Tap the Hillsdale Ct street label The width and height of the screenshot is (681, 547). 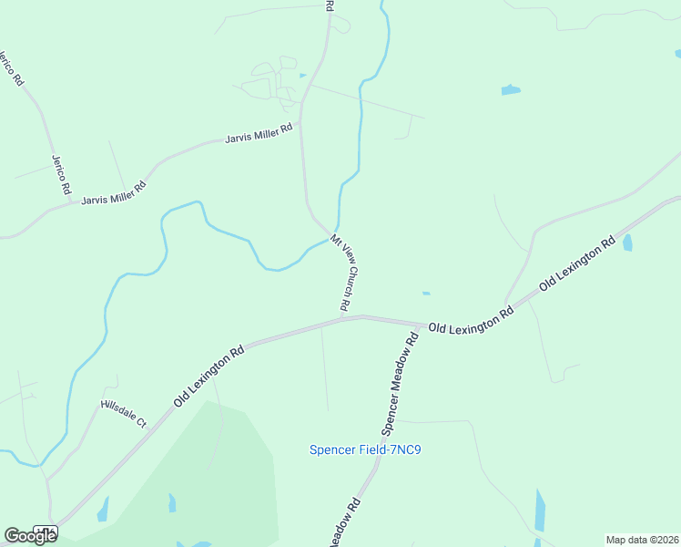pyautogui.click(x=123, y=413)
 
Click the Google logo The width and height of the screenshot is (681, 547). pyautogui.click(x=30, y=536)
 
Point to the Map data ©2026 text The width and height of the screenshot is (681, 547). pyautogui.click(x=643, y=540)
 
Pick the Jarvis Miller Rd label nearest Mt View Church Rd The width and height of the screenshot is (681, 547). pyautogui.click(x=259, y=134)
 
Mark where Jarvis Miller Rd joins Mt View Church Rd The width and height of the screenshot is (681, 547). pyautogui.click(x=300, y=122)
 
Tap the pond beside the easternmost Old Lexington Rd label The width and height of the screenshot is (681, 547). pyautogui.click(x=626, y=243)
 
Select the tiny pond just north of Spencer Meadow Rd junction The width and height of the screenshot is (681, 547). pyautogui.click(x=425, y=294)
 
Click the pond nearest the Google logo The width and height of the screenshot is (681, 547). pyautogui.click(x=103, y=509)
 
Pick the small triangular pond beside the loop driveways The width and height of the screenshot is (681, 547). pyautogui.click(x=302, y=75)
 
